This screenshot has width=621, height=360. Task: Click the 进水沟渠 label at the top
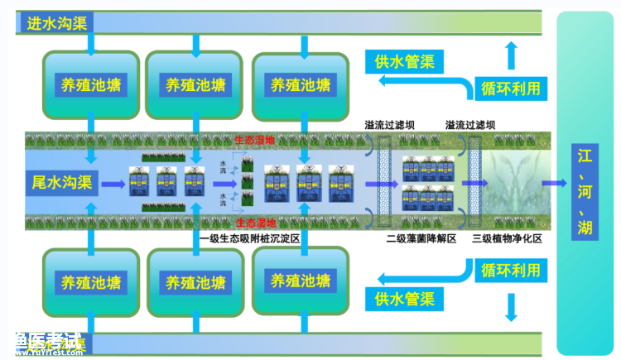(x=57, y=23)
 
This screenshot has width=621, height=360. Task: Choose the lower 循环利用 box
(x=511, y=271)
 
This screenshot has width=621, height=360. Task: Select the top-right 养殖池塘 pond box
(x=301, y=84)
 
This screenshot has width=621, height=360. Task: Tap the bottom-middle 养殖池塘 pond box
(x=195, y=281)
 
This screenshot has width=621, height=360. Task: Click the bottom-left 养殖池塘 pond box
(x=91, y=281)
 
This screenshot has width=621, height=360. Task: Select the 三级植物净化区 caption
(x=506, y=238)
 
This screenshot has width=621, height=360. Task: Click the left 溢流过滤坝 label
(x=390, y=125)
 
